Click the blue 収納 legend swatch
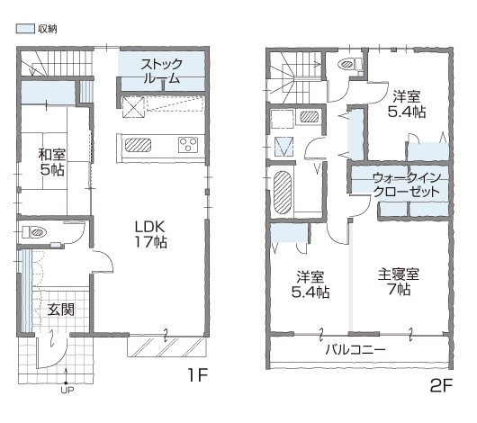[25, 29]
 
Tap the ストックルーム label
[161, 71]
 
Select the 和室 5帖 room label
[52, 162]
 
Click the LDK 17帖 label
[151, 234]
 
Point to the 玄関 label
[61, 310]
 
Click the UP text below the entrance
[67, 390]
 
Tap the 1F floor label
[198, 375]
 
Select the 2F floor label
[441, 385]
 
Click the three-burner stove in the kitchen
[188, 145]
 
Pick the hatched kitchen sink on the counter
[138, 145]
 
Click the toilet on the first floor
[34, 232]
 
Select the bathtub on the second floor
[283, 193]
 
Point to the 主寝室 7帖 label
[399, 282]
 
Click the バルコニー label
[355, 350]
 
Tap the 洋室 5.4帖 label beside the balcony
[310, 284]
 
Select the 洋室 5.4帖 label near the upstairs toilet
[407, 104]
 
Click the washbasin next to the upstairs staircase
[310, 117]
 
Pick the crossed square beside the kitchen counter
[133, 107]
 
